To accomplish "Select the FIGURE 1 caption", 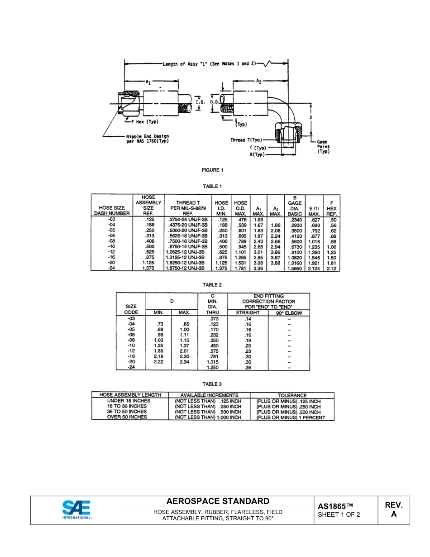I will pos(212,170).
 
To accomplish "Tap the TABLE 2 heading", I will pos(212,285).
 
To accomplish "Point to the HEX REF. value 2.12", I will pos(332,268).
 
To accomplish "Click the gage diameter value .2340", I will pos(295,220).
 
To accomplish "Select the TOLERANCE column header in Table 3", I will pos(292,395).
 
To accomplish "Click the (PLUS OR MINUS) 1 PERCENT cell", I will pos(291,418).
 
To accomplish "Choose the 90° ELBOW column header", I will pos(289,313).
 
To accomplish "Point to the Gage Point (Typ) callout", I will pos(323,147).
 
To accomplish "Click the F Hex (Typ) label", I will pos(144,122).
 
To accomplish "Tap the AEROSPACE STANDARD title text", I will pos(218,501).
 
